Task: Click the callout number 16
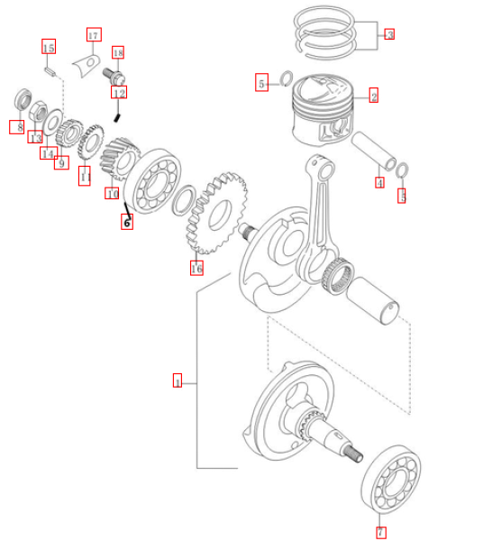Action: [x=196, y=268]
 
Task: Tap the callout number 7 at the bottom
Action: [x=380, y=532]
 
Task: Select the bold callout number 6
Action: [x=127, y=222]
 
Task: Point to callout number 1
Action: [x=178, y=381]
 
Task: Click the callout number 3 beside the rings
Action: [x=389, y=34]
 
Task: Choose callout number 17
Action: [x=94, y=34]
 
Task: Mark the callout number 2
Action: [x=374, y=96]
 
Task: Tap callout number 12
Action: [x=119, y=92]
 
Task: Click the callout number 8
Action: [x=16, y=126]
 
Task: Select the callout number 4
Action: [x=379, y=182]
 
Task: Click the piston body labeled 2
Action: [x=323, y=110]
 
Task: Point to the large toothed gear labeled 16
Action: [x=217, y=213]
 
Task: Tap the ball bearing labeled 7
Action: [x=392, y=478]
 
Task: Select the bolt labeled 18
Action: [x=114, y=76]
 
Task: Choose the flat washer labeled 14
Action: [x=53, y=122]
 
